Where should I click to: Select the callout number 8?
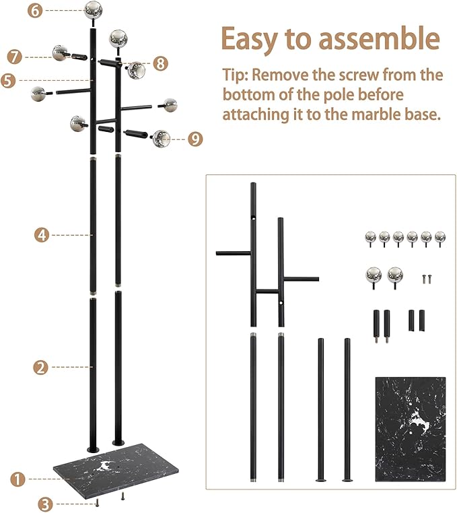point(160,64)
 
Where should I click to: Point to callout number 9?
point(195,139)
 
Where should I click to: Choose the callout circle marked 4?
point(41,235)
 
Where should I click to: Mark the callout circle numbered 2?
point(41,367)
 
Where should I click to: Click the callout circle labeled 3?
point(44,503)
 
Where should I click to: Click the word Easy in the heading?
point(252,39)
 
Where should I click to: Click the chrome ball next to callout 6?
point(93,10)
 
